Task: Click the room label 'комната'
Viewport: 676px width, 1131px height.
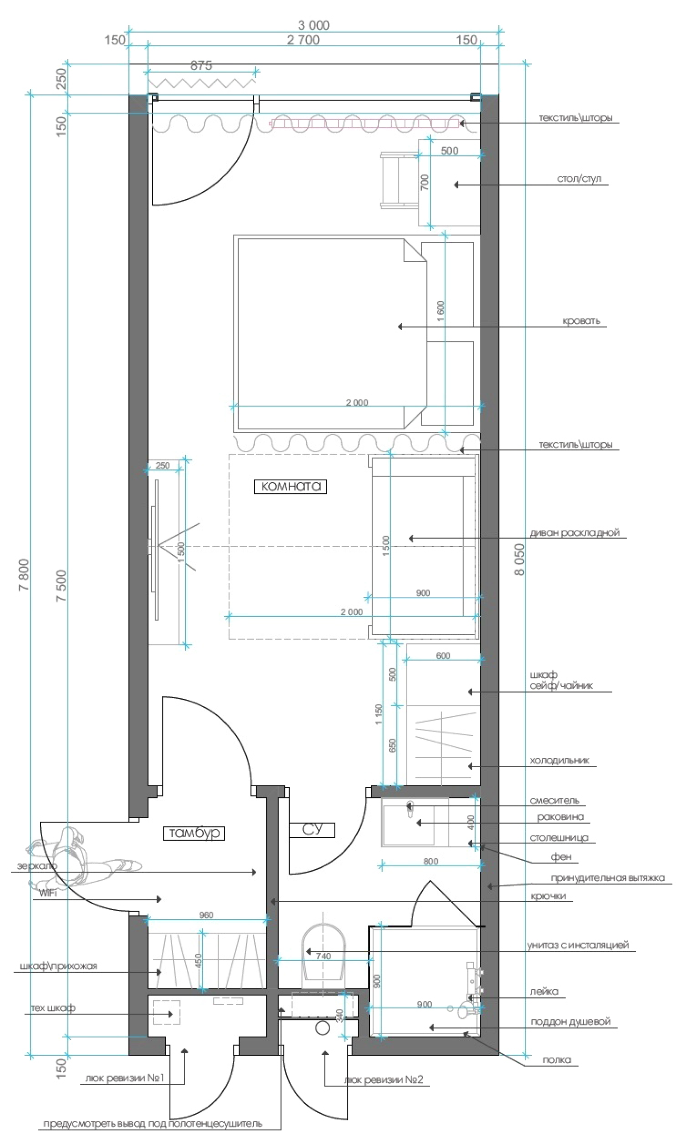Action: tap(291, 486)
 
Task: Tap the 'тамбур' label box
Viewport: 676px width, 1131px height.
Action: tap(194, 833)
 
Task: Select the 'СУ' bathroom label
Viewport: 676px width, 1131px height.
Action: tap(312, 829)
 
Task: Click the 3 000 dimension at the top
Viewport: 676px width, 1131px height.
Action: tap(314, 25)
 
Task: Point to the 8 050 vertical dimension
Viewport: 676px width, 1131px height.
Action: tap(519, 559)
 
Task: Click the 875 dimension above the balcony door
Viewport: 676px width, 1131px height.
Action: tap(201, 66)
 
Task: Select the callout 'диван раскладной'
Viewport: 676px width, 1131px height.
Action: tap(575, 532)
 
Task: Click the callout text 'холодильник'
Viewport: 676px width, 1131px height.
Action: tap(559, 760)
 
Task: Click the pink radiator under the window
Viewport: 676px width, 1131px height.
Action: tap(365, 123)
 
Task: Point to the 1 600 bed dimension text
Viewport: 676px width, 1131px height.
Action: tap(440, 311)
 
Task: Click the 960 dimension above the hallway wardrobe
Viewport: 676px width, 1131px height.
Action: tap(206, 915)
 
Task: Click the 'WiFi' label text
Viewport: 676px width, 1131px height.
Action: tap(47, 893)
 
